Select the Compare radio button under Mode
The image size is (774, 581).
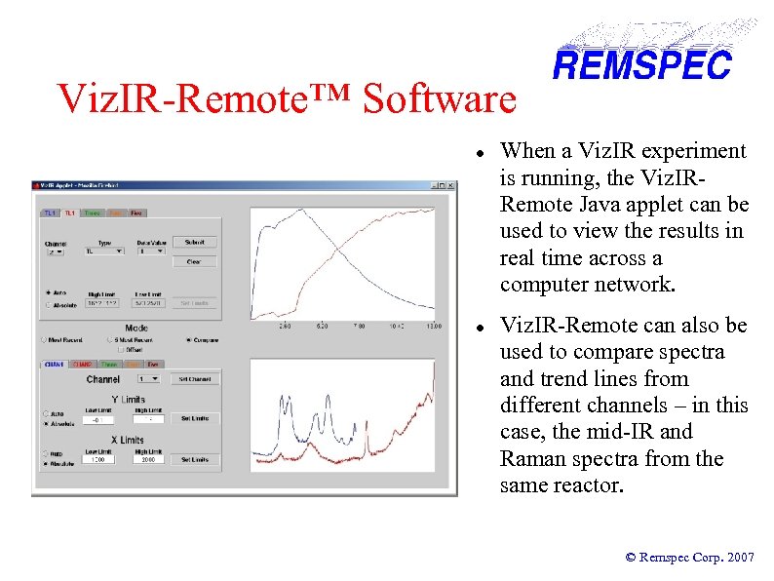pyautogui.click(x=188, y=340)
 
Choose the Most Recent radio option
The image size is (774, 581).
pyautogui.click(x=46, y=340)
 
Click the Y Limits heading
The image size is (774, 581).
pyautogui.click(x=128, y=399)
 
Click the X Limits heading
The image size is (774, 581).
pyautogui.click(x=128, y=441)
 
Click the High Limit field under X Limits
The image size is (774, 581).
pyautogui.click(x=148, y=460)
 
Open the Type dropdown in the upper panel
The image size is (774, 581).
pyautogui.click(x=103, y=251)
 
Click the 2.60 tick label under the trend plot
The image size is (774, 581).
pyautogui.click(x=285, y=327)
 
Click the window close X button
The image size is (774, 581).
pyautogui.click(x=450, y=185)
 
